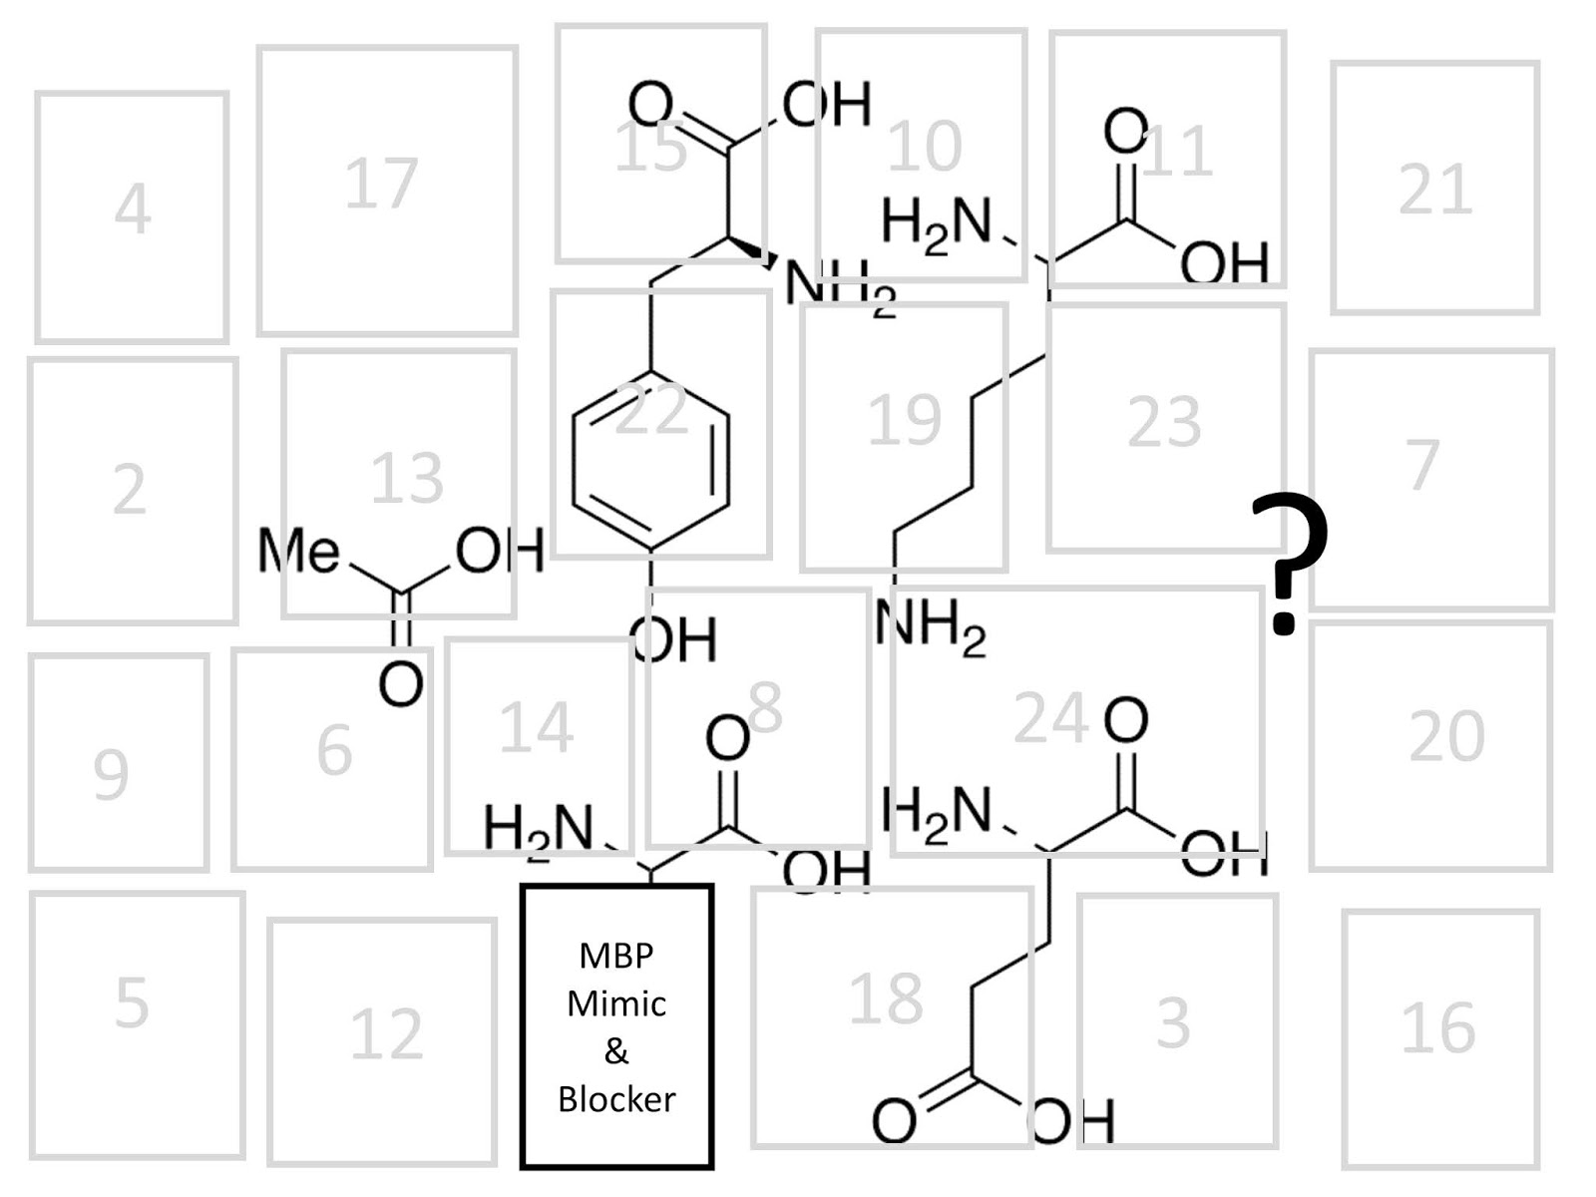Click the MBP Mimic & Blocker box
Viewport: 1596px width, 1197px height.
click(616, 1025)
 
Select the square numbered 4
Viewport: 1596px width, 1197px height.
click(132, 216)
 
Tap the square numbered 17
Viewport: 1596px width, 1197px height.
click(387, 190)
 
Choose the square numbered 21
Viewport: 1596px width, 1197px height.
click(1435, 188)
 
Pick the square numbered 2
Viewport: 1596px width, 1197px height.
click(132, 491)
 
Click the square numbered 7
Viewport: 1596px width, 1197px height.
click(1431, 479)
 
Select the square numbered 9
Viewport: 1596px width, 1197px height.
click(118, 762)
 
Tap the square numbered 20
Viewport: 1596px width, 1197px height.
click(1430, 745)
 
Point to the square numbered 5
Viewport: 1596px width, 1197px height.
click(136, 1024)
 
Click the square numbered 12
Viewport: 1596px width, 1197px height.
click(382, 1040)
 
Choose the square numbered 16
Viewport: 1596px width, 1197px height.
click(1439, 1037)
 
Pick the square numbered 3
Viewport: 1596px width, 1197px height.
click(1177, 1019)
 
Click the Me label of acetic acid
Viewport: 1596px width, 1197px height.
click(298, 551)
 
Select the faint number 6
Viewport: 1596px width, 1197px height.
click(334, 750)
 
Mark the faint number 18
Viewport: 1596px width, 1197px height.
click(886, 997)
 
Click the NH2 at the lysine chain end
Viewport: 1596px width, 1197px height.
click(931, 628)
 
